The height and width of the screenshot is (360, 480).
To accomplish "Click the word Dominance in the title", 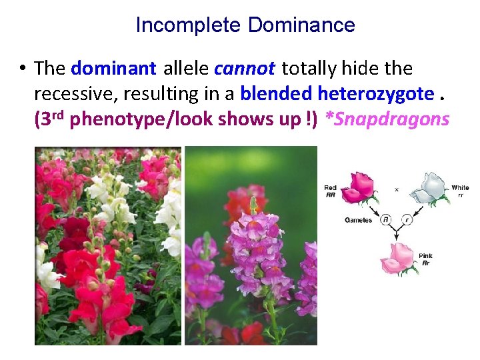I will pyautogui.click(x=301, y=25).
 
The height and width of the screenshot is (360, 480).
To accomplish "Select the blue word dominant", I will pyautogui.click(x=113, y=68).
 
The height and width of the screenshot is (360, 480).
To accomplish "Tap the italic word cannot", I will pyautogui.click(x=245, y=68).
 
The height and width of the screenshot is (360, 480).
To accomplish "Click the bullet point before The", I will pyautogui.click(x=22, y=68).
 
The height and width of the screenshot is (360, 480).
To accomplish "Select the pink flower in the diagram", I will pyautogui.click(x=399, y=257).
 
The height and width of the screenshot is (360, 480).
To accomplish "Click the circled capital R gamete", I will pyautogui.click(x=385, y=219).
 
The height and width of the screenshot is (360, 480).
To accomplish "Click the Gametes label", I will pyautogui.click(x=357, y=219).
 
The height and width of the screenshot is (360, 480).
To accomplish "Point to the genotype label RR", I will pyautogui.click(x=330, y=195).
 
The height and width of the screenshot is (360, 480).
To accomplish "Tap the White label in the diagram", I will pyautogui.click(x=460, y=188).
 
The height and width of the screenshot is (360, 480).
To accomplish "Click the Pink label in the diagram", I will pyautogui.click(x=425, y=256).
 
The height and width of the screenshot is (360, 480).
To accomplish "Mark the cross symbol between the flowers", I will pyautogui.click(x=397, y=189).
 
